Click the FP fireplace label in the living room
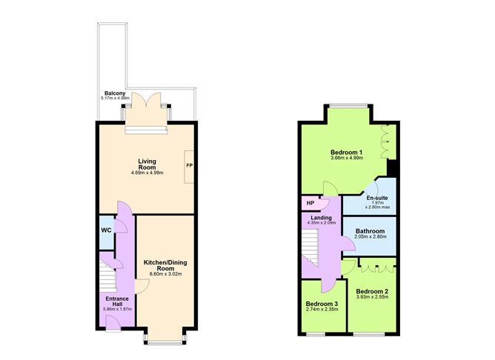point(189,165)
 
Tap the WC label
point(107,230)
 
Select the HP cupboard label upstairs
point(310,203)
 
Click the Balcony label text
point(115,93)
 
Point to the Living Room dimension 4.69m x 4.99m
point(147,173)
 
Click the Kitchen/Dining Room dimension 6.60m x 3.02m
point(165,274)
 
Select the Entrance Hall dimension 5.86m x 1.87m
point(117,309)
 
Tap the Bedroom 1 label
point(346,153)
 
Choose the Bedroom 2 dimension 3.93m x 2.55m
point(372,297)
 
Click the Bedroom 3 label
point(322,304)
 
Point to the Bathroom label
point(370,231)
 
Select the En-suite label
point(377,198)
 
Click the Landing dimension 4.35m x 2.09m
point(321,222)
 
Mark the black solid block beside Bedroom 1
point(391,168)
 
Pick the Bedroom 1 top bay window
point(348,105)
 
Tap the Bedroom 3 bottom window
point(316,334)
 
